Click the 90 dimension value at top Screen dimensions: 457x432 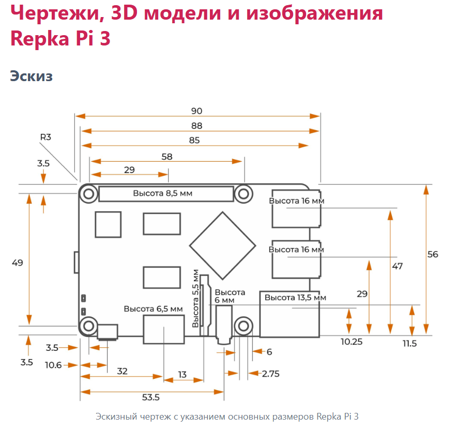[x=197, y=111]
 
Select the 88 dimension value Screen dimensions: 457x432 [x=197, y=126]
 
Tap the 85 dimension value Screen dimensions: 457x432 [x=194, y=141]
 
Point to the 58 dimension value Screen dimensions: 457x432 [x=167, y=157]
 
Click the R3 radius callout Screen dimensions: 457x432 [x=45, y=137]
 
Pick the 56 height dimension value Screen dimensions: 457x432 [x=433, y=254]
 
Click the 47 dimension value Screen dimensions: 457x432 [x=398, y=266]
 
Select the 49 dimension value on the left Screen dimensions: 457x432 [x=18, y=263]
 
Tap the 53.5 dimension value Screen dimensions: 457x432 [x=150, y=397]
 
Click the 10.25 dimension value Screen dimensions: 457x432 [x=352, y=342]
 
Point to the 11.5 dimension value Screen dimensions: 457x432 [x=410, y=344]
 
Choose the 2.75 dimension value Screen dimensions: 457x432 [x=270, y=374]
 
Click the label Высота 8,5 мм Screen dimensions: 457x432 [x=163, y=193]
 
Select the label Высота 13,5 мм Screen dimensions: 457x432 [x=295, y=298]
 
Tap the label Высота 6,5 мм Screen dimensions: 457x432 [x=154, y=309]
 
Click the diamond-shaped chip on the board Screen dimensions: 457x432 [x=223, y=246]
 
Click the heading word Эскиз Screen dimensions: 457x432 [x=32, y=76]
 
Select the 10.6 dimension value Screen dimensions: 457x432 [x=53, y=365]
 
